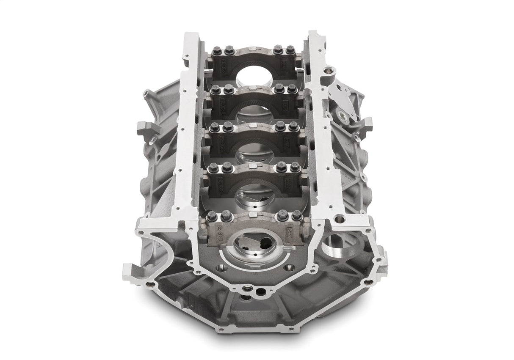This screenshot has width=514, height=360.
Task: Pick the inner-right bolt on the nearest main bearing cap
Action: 283,216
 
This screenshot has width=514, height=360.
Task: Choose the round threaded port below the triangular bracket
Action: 342,114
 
